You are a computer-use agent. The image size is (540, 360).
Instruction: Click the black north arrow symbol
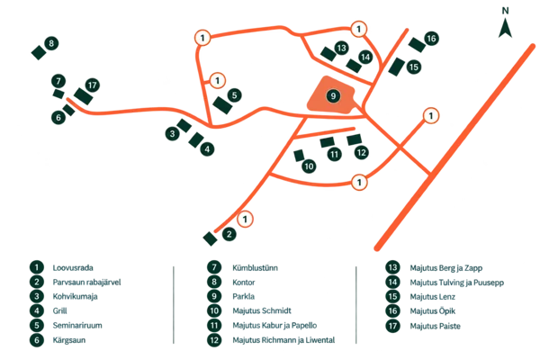[x=505, y=30]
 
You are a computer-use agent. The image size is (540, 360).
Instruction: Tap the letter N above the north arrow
[x=505, y=11]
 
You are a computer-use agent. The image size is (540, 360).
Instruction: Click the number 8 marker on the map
[x=51, y=43]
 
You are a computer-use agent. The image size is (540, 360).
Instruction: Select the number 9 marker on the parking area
[x=333, y=95]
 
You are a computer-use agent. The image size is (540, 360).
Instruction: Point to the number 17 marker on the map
[x=93, y=85]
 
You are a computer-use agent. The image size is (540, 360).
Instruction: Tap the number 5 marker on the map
[x=235, y=95]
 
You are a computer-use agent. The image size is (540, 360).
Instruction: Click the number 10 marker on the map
[x=309, y=166]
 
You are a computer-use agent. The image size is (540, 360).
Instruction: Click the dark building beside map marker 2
[x=210, y=238]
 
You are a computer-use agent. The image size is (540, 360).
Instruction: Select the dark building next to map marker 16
[x=417, y=45]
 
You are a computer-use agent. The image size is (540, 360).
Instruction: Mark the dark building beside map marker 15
[x=396, y=67]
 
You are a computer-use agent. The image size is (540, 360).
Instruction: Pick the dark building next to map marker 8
[x=39, y=53]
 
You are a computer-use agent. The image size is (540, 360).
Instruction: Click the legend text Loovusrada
[x=73, y=267]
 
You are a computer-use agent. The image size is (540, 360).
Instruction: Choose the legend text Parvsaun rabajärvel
[x=86, y=282]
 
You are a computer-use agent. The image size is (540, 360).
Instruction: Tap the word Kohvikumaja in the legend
[x=75, y=297]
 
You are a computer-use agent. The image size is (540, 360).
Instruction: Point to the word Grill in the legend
[x=60, y=311]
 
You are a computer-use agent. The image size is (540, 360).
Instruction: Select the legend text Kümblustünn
[x=256, y=267]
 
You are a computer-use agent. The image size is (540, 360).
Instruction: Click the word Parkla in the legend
[x=244, y=297]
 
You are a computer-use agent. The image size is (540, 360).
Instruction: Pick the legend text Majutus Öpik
[x=433, y=311]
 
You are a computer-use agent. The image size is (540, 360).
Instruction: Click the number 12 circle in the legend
[x=214, y=340]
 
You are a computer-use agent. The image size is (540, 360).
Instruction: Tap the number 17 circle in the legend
[x=393, y=326]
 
